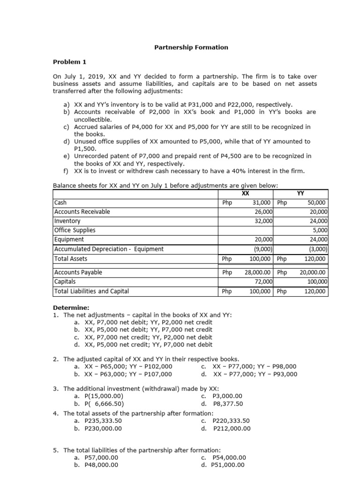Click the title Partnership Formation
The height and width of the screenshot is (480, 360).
point(191,47)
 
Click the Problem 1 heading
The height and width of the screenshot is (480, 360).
point(69,62)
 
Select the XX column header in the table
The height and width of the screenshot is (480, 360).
point(245,193)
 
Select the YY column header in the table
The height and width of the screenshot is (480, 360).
point(301,193)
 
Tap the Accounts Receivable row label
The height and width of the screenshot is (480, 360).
point(82,212)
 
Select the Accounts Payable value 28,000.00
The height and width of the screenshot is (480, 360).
point(260,272)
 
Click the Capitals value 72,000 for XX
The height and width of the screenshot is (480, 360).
point(264,282)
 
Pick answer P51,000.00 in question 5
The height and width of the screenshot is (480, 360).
point(228,465)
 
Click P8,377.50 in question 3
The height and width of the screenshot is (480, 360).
point(228,404)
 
